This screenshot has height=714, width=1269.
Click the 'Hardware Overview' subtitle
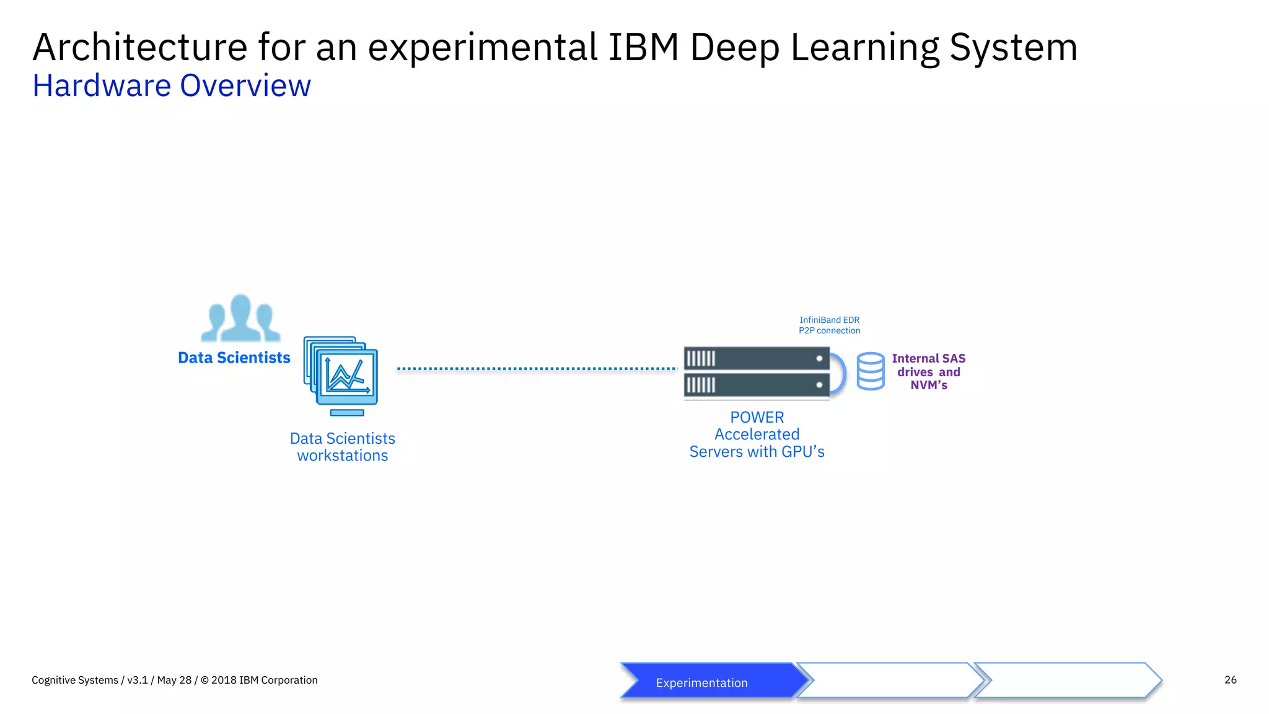(172, 86)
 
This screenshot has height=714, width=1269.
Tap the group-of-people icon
(240, 319)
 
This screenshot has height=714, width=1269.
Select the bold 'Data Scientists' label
(234, 358)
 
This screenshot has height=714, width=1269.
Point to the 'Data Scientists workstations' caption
(343, 447)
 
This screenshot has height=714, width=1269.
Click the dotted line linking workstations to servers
(537, 369)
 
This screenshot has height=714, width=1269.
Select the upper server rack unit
(757, 358)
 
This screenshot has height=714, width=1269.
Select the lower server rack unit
(757, 385)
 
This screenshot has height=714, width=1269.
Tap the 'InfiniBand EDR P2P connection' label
(829, 325)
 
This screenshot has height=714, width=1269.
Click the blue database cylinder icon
(871, 371)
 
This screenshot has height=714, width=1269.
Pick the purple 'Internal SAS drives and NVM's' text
(928, 371)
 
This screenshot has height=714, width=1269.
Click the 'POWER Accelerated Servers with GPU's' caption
(757, 434)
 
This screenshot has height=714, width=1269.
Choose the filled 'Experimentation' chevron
(709, 681)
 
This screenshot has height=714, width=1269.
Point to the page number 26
(1230, 680)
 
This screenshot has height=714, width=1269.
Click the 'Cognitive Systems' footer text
(75, 680)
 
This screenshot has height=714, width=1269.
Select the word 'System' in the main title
(1013, 47)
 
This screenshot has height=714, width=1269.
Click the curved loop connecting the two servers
(841, 372)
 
